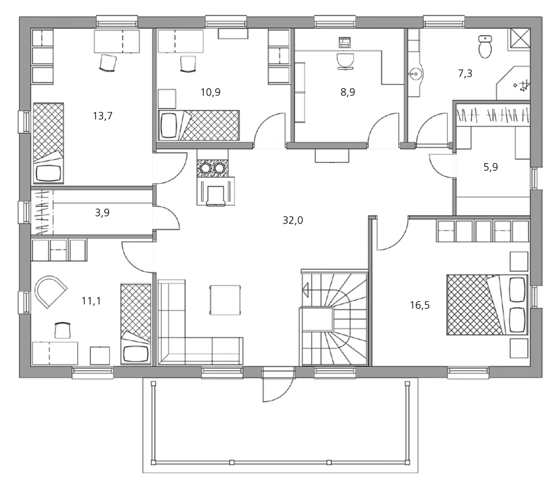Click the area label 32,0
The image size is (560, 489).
point(292,221)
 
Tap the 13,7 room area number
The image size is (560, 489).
point(102,116)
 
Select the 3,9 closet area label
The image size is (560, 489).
point(102,213)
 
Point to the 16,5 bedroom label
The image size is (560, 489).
point(419,305)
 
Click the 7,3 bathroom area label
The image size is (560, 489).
point(465,73)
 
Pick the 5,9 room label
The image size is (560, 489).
point(491,167)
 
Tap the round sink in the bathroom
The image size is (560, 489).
point(416,74)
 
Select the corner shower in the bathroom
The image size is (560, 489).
point(513,83)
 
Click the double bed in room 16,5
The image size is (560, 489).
point(487,305)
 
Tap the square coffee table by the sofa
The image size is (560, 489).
point(225,300)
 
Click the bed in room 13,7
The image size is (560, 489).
point(48,143)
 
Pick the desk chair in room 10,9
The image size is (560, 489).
point(188,64)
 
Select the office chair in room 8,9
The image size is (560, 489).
point(345,62)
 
